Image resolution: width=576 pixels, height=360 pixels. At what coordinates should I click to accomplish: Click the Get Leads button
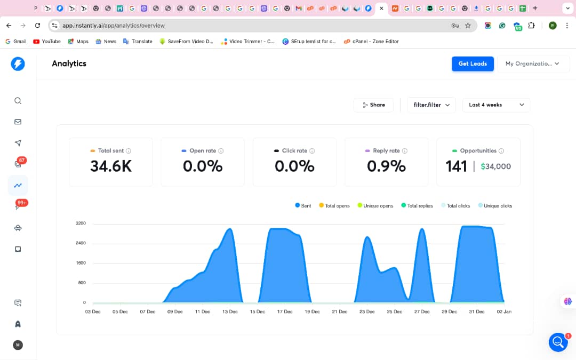point(473,63)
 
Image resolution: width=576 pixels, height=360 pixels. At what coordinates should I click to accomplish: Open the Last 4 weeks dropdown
point(496,105)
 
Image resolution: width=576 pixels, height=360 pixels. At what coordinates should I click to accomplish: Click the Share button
point(373,105)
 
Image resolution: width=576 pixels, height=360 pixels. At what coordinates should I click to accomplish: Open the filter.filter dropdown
point(431,105)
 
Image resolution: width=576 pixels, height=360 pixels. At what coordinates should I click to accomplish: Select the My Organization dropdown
point(533,63)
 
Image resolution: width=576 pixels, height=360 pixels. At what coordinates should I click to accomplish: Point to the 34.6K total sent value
point(111,166)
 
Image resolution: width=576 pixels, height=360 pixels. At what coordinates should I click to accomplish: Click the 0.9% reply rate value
point(386,166)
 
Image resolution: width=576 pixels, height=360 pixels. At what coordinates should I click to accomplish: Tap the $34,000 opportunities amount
point(495,166)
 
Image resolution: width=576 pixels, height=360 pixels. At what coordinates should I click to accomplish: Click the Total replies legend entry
point(417,206)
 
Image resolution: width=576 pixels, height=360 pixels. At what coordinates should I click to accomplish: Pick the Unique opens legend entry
point(375,206)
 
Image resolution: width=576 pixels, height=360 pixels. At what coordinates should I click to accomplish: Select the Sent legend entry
point(303,206)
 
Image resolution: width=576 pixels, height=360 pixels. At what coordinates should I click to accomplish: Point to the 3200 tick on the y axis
point(81,223)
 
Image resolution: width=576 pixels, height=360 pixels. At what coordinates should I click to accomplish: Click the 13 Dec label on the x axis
point(230,311)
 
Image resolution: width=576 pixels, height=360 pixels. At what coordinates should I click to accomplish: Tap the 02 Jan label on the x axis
point(504,311)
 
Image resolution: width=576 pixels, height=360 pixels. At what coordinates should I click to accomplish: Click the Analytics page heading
point(69,63)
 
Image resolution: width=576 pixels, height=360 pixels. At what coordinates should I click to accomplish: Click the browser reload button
point(37,26)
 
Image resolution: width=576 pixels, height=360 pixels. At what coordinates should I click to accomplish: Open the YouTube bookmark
point(47,42)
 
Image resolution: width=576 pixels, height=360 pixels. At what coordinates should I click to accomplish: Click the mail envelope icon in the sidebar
point(18,122)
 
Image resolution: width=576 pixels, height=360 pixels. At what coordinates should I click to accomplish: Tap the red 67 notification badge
point(22,160)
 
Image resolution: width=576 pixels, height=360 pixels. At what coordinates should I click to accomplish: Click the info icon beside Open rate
point(221,150)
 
